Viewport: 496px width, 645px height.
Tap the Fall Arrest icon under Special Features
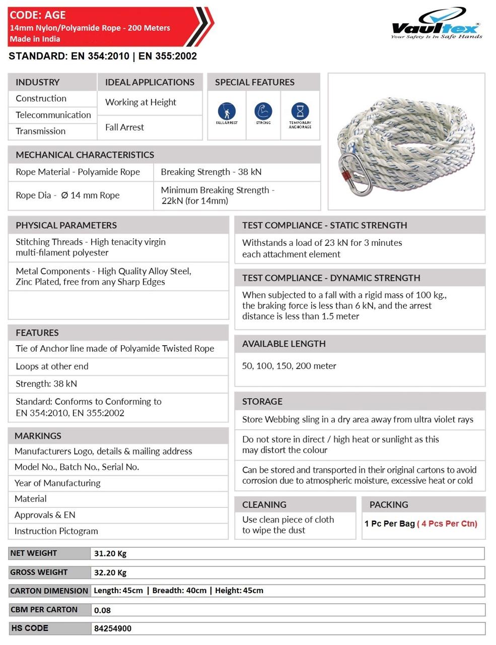coord(227,111)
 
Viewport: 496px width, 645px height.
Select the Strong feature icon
coord(263,111)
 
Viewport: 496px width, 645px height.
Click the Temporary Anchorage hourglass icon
coord(300,111)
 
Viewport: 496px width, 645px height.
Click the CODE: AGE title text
coord(38,15)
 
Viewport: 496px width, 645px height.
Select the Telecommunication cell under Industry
coord(53,115)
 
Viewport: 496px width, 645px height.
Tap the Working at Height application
coord(140,102)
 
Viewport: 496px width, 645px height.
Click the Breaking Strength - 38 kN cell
coord(211,172)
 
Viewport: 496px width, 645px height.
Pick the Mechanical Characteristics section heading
coord(85,155)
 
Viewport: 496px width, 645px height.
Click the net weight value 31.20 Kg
coord(110,553)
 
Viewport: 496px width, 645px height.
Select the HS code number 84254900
coord(113,628)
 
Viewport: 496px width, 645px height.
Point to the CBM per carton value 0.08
coord(102,610)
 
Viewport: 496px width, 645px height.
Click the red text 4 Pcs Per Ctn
coord(447,524)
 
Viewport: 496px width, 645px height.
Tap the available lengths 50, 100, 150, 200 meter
coord(289,366)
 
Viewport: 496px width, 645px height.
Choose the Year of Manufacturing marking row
coord(57,483)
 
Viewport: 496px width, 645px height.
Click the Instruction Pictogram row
coord(56,531)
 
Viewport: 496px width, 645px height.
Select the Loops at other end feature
coord(52,366)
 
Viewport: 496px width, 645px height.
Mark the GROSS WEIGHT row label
coord(39,572)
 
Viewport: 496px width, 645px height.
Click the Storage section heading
coord(262,402)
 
